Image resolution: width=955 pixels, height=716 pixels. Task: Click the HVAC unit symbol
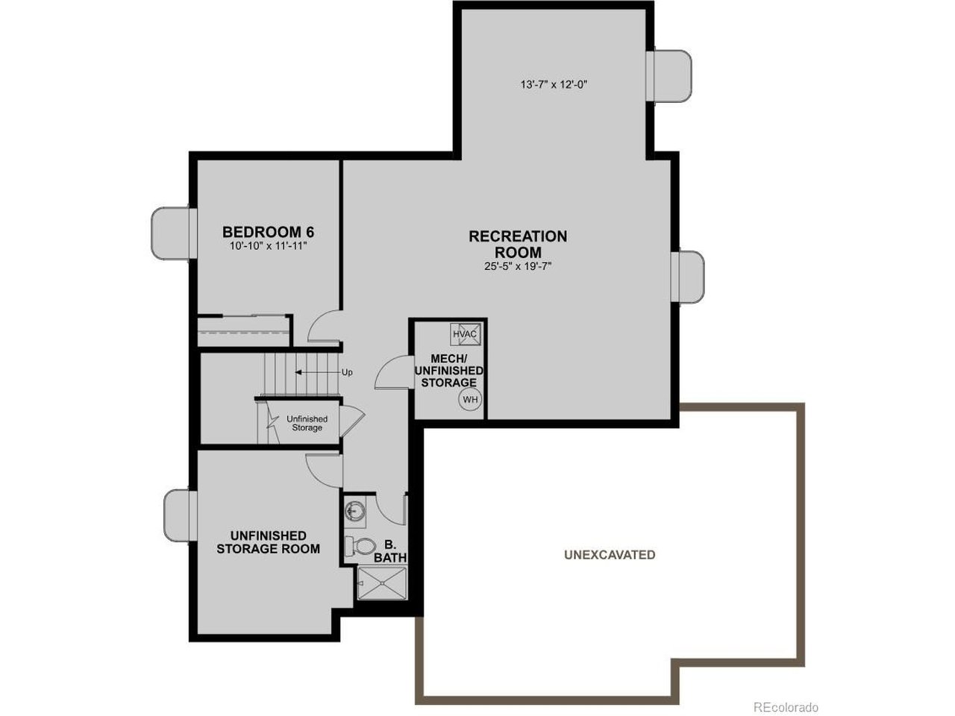click(x=466, y=333)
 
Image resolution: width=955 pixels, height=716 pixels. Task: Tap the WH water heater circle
click(x=470, y=399)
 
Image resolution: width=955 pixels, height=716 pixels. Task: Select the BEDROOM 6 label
click(x=268, y=232)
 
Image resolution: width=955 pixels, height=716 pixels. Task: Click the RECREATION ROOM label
click(x=518, y=244)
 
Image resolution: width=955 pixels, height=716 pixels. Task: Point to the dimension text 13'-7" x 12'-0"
click(x=554, y=84)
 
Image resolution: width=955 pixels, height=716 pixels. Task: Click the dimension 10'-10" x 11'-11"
click(x=269, y=246)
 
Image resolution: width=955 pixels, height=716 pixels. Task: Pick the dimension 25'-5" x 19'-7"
click(x=518, y=266)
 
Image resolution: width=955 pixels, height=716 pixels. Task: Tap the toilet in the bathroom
click(x=360, y=546)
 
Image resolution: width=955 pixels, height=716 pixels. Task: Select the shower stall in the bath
click(x=382, y=583)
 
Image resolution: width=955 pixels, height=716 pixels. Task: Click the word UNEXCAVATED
click(x=610, y=555)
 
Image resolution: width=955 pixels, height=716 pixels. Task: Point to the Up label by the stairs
click(x=347, y=373)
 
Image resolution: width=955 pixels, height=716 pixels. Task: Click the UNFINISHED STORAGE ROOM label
click(x=268, y=542)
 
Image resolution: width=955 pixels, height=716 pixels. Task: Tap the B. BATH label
click(x=390, y=551)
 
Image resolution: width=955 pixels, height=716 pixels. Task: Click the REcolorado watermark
click(x=786, y=707)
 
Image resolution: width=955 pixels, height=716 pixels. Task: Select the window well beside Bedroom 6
click(x=171, y=233)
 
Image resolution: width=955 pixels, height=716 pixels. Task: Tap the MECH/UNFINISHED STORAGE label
click(x=448, y=371)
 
